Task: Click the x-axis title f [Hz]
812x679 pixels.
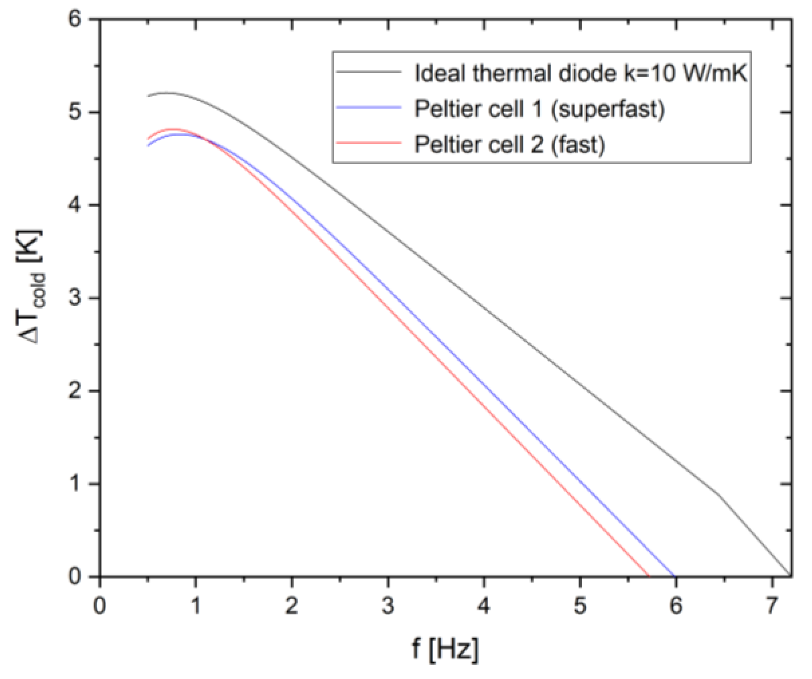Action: tap(445, 649)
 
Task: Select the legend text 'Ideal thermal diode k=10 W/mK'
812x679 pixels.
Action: tap(580, 74)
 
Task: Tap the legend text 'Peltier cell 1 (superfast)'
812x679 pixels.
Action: tap(539, 109)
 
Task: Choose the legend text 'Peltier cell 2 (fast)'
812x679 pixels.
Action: tap(510, 144)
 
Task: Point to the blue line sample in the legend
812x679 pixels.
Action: tap(369, 107)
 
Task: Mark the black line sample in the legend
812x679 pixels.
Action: tap(369, 72)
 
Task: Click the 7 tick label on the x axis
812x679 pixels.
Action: tap(772, 605)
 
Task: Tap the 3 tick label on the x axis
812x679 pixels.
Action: tap(388, 605)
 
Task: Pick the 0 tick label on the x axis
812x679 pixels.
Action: tap(100, 605)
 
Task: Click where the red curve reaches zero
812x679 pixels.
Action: tap(648, 576)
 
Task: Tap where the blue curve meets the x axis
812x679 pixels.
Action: tap(674, 576)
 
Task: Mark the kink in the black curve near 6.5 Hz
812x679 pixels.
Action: tap(719, 495)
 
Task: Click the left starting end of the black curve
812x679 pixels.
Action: tap(148, 96)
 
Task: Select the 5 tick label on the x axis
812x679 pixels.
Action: tap(580, 605)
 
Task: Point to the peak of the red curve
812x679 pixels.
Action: tap(172, 129)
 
